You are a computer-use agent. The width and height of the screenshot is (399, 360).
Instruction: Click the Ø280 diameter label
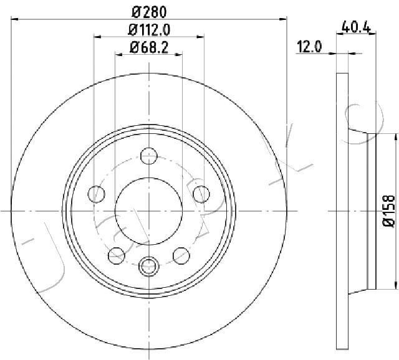coord(150,12)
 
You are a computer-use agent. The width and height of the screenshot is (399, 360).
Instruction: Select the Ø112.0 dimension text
coord(149,30)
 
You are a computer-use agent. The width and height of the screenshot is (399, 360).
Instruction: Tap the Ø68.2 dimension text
coord(149,47)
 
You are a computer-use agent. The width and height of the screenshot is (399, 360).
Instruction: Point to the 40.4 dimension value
coord(356,26)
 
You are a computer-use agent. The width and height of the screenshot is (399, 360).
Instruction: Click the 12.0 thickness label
coord(309,47)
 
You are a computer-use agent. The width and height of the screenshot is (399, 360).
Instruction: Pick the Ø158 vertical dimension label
coord(388,211)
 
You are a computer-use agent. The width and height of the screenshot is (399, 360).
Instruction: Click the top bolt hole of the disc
coord(149,156)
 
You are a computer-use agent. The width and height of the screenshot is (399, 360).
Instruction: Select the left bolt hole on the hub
coord(96,194)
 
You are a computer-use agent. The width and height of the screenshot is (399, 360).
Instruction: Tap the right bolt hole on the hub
coord(201,194)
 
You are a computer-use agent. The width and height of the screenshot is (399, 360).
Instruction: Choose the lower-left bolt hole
coord(117,255)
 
